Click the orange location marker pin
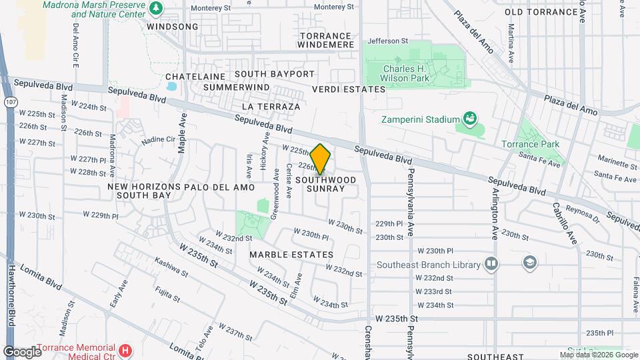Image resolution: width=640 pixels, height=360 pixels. [x=321, y=159]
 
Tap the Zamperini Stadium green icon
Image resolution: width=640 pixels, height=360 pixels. [x=471, y=120]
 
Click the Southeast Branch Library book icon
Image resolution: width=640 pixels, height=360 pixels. [x=491, y=264]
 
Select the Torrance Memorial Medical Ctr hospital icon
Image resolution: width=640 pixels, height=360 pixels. [x=124, y=350]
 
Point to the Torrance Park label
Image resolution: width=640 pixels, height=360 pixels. [x=531, y=144]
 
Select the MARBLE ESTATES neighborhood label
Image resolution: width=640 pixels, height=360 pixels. [x=291, y=255]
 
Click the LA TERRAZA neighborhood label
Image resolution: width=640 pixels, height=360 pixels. [x=271, y=106]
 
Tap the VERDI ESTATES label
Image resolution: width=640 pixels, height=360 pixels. [x=349, y=89]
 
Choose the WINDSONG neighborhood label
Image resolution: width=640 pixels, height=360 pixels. [x=173, y=27]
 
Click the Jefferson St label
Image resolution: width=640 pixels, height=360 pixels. [x=387, y=41]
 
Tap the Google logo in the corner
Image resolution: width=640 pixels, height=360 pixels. [x=22, y=351]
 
